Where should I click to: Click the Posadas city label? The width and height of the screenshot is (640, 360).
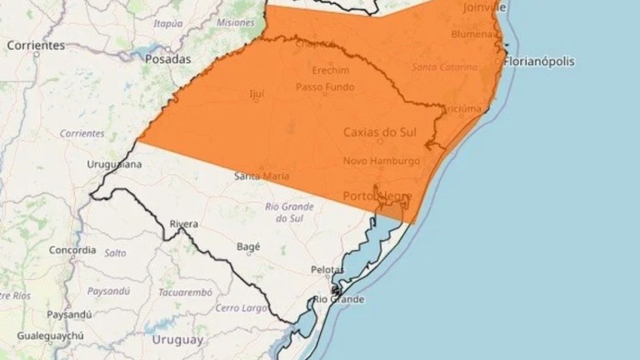pos(167,59)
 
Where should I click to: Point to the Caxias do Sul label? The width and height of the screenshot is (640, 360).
pos(380,132)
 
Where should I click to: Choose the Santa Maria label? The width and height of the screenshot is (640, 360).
pos(262,176)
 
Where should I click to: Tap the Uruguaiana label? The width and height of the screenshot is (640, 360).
pos(114,164)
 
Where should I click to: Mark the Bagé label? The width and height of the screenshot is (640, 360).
pos(248,247)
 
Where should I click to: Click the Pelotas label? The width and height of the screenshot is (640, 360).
pos(326,269)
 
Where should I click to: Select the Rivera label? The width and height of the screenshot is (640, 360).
pos(183,224)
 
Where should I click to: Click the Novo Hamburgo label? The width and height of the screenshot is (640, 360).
pos(382,161)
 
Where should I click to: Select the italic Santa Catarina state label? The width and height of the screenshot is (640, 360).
pos(444,66)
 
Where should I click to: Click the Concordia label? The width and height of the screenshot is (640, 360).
pos(72,250)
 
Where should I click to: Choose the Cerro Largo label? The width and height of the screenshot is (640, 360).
pos(241,307)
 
